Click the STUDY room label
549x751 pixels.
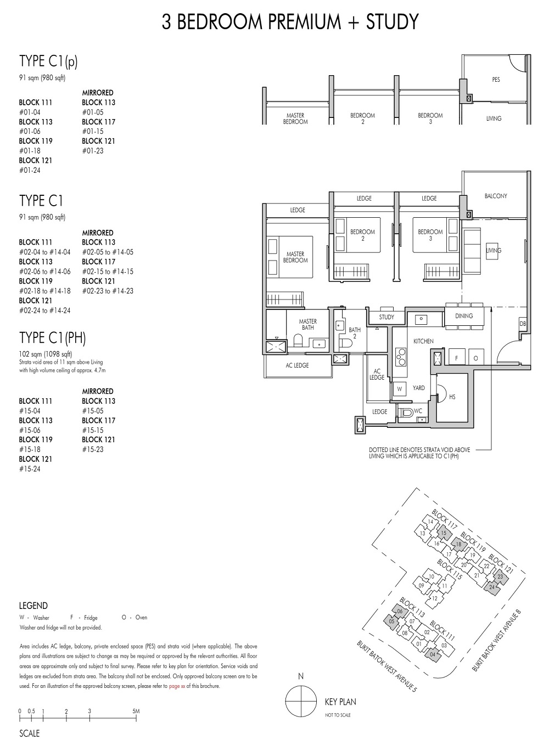point(386,317)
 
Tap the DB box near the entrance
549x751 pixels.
point(523,324)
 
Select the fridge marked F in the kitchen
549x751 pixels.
point(456,358)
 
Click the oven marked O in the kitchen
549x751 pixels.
point(475,358)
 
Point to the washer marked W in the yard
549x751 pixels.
point(399,389)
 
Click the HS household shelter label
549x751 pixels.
point(452,397)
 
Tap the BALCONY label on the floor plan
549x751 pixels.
point(496,196)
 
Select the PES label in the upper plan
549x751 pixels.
point(496,80)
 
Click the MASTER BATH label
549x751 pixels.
point(308,324)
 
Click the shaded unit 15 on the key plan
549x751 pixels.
point(444,533)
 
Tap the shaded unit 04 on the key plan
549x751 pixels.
point(433,654)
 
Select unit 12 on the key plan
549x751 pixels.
point(435,598)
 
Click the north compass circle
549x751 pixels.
point(301,701)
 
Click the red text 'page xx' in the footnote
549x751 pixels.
point(177,686)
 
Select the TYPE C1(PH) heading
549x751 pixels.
point(53,338)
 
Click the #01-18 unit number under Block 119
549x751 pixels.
point(30,150)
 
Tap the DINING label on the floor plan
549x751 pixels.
point(464,316)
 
